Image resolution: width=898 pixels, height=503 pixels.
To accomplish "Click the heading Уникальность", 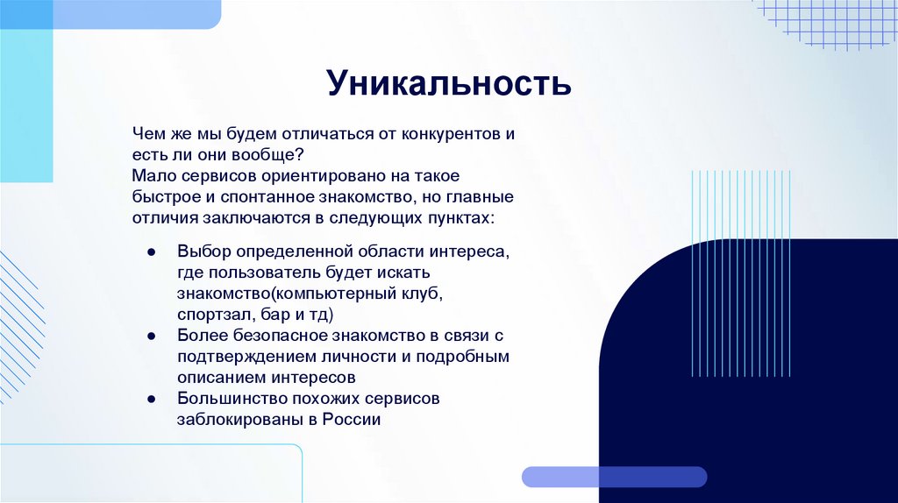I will pos(449,84).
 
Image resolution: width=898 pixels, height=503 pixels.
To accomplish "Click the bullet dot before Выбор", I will pos(151,251).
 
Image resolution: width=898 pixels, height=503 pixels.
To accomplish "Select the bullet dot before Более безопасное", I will pos(151,336).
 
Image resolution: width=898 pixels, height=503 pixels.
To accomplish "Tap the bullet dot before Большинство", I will pos(151,399).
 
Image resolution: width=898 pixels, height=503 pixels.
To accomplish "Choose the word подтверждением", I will pos(244,357).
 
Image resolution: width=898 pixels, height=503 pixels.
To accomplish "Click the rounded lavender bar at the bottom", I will pos(614,477).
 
